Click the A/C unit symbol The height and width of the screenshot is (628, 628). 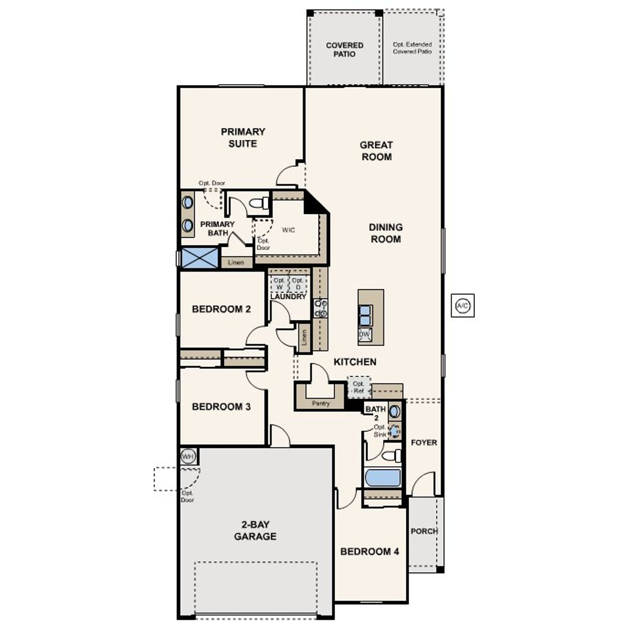462,306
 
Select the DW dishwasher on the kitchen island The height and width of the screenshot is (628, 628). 365,335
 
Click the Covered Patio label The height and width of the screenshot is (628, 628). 344,50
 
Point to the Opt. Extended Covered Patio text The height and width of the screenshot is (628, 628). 412,48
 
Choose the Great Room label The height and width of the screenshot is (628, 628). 376,151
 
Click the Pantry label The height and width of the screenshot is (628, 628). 321,403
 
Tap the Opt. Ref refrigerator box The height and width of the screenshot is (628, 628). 359,387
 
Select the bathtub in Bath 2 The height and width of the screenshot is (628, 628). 383,478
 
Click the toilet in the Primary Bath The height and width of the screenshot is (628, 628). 259,203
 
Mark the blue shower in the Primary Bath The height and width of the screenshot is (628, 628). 200,258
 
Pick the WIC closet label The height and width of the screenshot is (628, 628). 288,230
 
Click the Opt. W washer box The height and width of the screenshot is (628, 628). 279,284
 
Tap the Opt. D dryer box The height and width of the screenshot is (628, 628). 298,284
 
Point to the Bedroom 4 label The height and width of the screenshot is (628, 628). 369,551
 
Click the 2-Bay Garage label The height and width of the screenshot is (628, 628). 255,530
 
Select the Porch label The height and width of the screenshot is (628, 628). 424,531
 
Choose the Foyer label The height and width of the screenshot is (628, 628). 424,443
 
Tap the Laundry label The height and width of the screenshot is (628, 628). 288,296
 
